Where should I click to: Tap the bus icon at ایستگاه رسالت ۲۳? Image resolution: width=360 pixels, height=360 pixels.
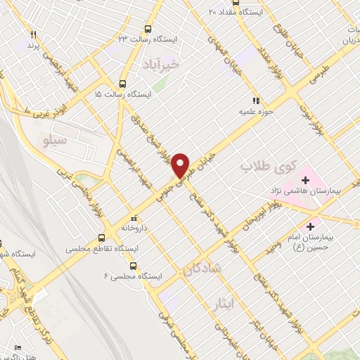(148, 29)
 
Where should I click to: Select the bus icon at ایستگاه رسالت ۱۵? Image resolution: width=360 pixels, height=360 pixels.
(123, 82)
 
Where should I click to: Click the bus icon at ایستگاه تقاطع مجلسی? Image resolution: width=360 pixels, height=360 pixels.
(102, 237)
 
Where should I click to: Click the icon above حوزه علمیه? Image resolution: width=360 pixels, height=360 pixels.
(257, 101)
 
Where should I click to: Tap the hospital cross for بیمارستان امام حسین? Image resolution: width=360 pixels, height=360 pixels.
(310, 226)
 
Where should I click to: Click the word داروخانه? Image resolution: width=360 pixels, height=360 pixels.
(134, 229)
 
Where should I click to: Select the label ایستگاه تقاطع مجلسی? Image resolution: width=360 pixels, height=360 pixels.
(102, 249)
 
